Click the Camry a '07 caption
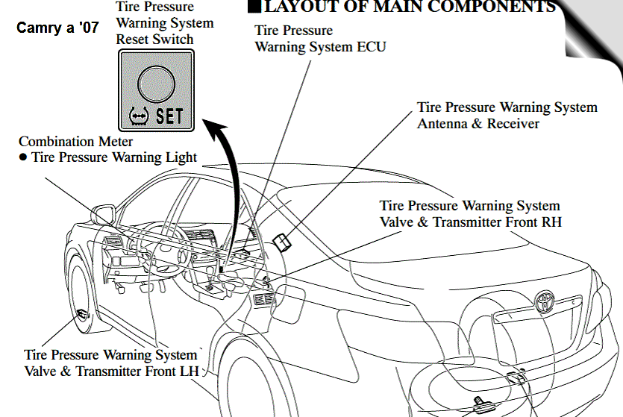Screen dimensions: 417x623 [x=57, y=33]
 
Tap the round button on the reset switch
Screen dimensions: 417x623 [x=154, y=82]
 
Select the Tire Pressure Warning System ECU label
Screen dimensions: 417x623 [x=321, y=39]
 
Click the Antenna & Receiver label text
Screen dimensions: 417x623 [x=478, y=123]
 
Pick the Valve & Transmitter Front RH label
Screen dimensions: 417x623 [x=470, y=222]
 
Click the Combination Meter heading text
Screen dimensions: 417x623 [x=76, y=141]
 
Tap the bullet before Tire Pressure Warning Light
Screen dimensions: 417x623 [x=23, y=157]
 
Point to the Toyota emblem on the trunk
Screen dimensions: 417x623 [x=544, y=301]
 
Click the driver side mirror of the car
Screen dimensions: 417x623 [x=104, y=216]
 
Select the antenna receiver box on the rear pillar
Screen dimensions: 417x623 [x=284, y=240]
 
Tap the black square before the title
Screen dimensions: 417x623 [x=254, y=7]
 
